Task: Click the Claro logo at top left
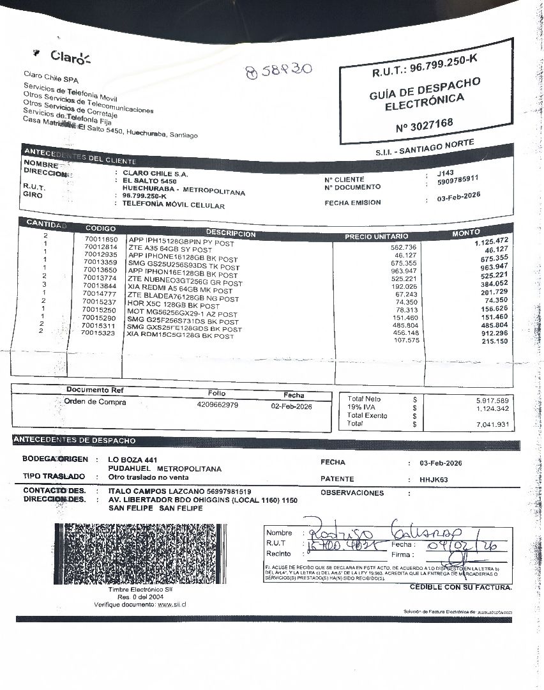click(67, 57)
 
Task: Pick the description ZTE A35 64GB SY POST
click(170, 249)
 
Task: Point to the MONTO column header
click(466, 233)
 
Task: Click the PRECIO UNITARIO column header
click(376, 236)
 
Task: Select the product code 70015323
click(99, 333)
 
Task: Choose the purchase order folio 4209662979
click(218, 405)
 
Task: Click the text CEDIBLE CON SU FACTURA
click(460, 587)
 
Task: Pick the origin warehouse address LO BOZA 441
click(133, 460)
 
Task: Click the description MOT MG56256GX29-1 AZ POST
click(183, 314)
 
